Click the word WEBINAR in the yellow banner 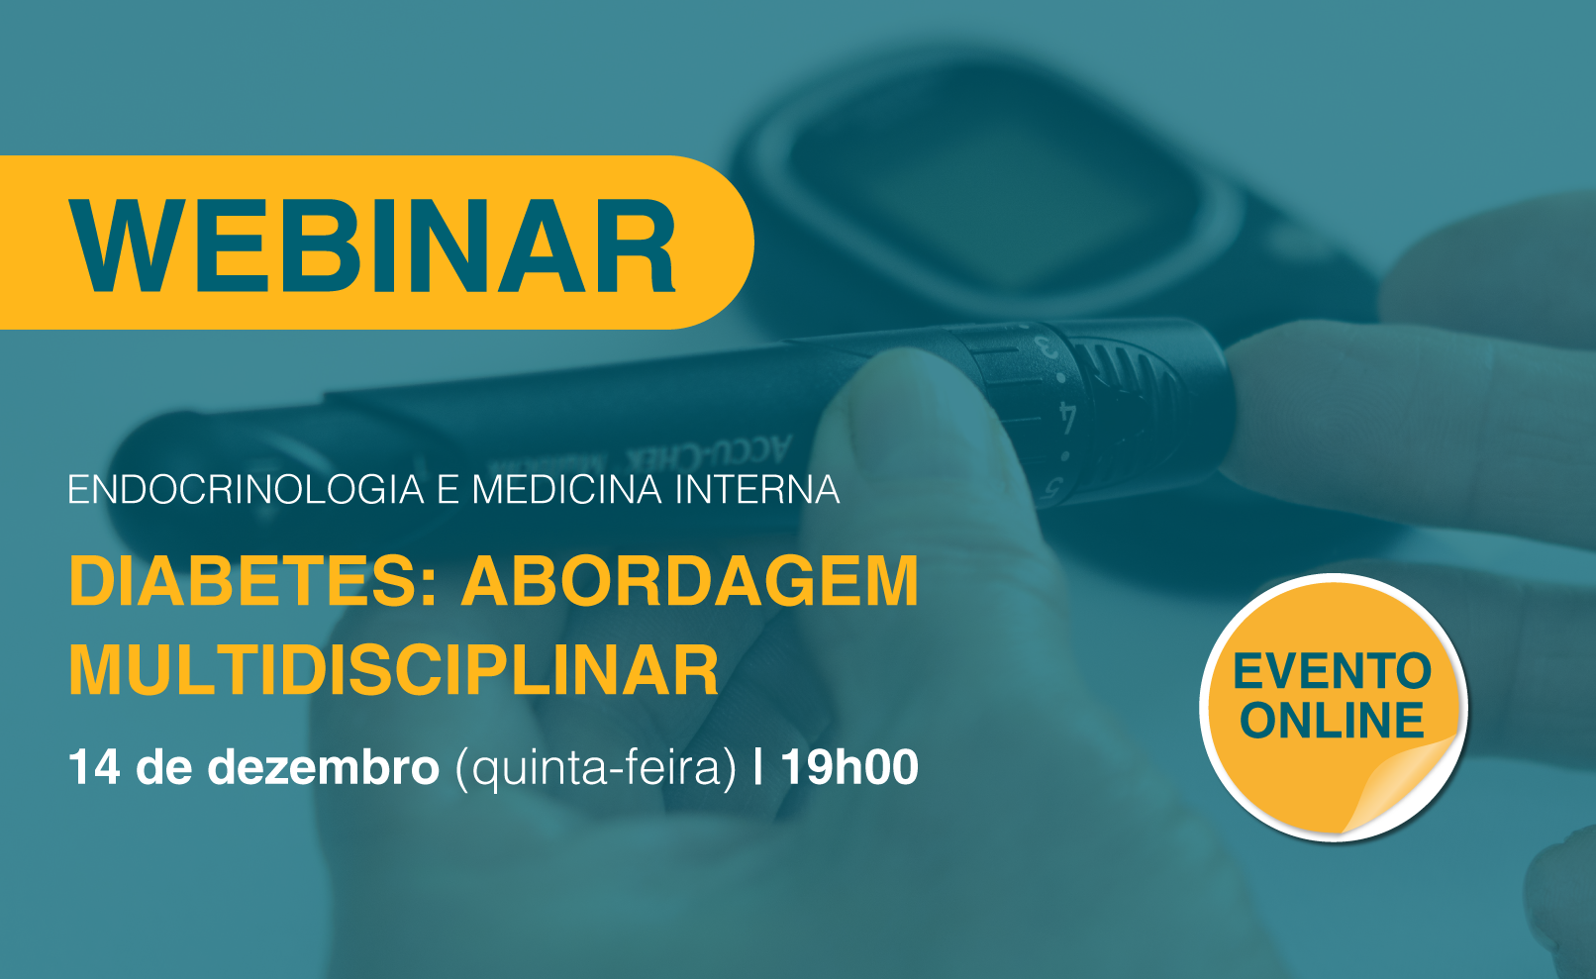[372, 245]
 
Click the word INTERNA [757, 489]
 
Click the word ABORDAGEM [690, 581]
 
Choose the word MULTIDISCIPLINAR [393, 669]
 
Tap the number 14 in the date [94, 767]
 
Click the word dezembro [323, 767]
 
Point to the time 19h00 [849, 767]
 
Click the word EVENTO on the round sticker [1332, 670]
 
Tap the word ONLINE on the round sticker [1332, 720]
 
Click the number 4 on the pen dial [1066, 418]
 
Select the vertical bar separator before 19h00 [757, 767]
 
